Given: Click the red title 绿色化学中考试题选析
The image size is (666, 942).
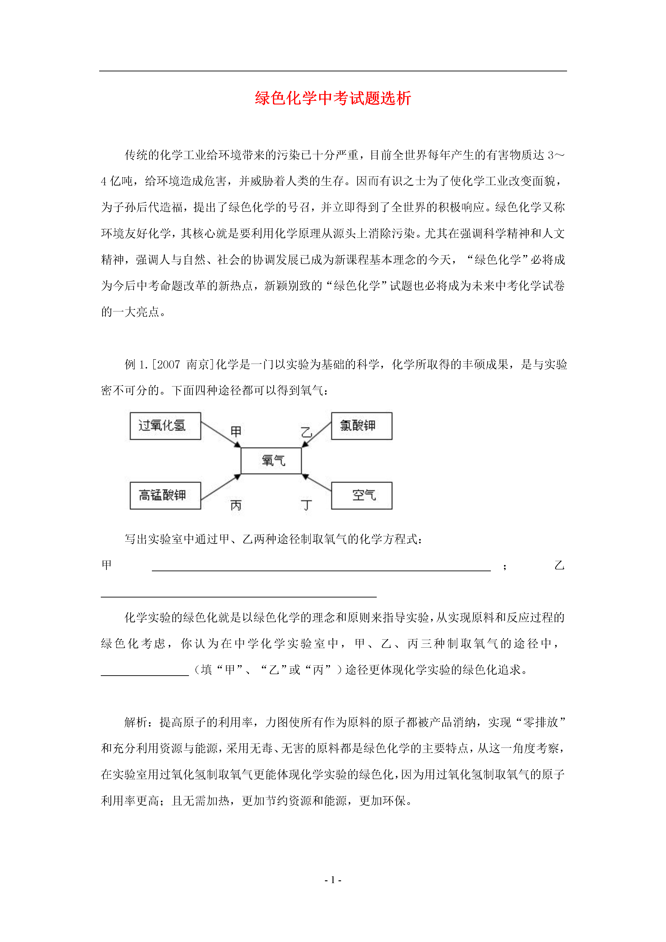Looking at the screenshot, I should pyautogui.click(x=333, y=99).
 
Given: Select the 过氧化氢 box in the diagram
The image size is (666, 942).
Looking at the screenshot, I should pyautogui.click(x=165, y=426).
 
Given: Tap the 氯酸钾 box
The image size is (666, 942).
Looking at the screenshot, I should pyautogui.click(x=362, y=426).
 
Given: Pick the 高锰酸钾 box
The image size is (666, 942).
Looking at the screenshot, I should pyautogui.click(x=165, y=495).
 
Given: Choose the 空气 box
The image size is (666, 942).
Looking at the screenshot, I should pyautogui.click(x=362, y=495).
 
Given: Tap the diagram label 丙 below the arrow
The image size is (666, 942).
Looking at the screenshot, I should pyautogui.click(x=236, y=505).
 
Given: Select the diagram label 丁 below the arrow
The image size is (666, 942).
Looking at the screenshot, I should pyautogui.click(x=306, y=505).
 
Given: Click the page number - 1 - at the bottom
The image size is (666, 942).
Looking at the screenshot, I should pyautogui.click(x=333, y=880).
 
